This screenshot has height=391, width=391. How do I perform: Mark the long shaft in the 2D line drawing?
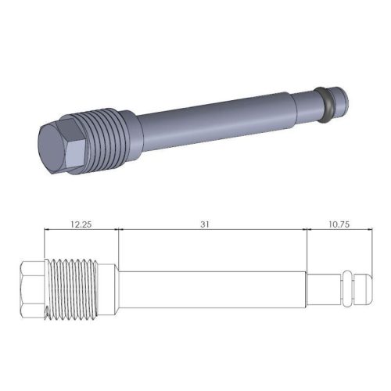[x=211, y=290]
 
